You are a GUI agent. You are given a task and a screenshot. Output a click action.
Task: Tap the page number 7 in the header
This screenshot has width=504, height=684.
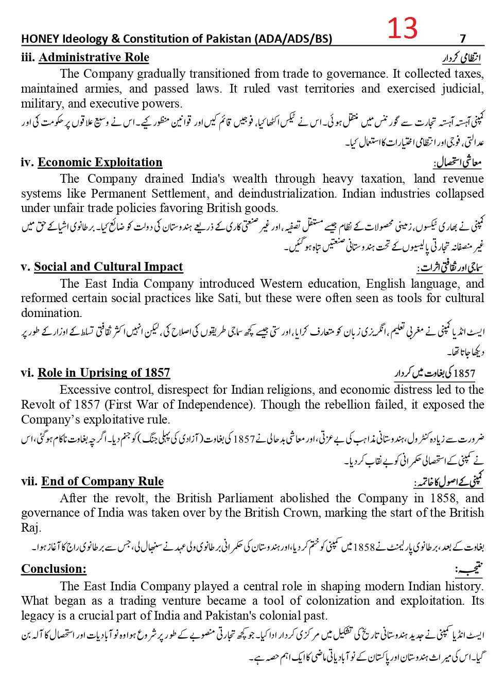point(463,39)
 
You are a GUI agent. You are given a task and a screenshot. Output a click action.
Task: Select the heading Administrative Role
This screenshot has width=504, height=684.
point(94,57)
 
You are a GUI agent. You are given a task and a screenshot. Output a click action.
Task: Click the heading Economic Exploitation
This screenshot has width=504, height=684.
point(100,162)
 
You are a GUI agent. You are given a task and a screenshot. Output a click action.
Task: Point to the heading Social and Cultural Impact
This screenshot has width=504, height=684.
point(108,267)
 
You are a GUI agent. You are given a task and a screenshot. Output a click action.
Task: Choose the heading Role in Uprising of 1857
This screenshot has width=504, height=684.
point(103,373)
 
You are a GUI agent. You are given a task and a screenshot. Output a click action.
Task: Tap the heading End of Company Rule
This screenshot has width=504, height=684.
point(102,481)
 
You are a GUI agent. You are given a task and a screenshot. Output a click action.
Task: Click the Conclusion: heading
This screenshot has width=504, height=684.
point(54,569)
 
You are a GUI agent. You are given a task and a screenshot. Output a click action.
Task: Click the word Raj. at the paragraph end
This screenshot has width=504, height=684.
point(30,528)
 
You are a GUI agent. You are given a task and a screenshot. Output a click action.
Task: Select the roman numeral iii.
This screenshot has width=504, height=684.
point(28,57)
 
